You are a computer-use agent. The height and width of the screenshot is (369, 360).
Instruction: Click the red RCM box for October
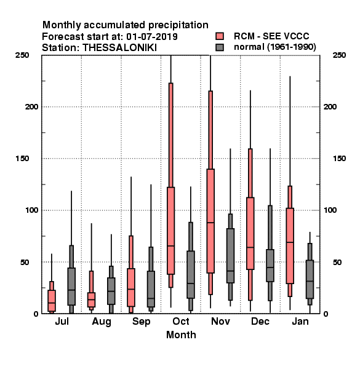coord(170,231)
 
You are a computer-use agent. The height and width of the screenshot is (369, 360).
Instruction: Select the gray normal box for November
coord(230,256)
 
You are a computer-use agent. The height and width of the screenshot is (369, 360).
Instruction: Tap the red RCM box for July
coord(52,301)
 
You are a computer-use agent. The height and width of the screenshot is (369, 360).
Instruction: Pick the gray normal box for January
coord(310,279)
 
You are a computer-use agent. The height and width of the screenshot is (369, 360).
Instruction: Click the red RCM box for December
coord(250,234)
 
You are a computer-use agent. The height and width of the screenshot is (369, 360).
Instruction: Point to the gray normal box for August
coord(111,291)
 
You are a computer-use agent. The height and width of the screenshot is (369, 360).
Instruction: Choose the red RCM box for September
coord(131,287)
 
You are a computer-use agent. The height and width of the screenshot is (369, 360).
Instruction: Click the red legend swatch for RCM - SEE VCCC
coord(220,36)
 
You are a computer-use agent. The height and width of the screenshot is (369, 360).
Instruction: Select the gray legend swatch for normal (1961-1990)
coord(220,47)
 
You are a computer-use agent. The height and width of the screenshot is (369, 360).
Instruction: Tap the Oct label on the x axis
coord(181,322)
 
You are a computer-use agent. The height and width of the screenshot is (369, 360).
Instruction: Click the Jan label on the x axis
coord(300,322)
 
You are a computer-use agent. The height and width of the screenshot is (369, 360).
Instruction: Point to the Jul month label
coord(62,322)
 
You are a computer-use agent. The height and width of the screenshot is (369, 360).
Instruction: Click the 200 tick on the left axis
coord(31,107)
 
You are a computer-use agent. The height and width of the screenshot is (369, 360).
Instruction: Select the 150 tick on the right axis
coord(340,159)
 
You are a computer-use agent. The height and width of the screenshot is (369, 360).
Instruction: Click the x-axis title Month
coord(181,335)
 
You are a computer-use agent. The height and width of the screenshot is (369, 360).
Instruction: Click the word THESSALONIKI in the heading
coord(119,48)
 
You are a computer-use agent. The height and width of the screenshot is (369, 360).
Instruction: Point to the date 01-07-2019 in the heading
coord(152,37)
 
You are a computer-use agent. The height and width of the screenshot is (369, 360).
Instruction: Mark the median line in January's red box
coord(290,242)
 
